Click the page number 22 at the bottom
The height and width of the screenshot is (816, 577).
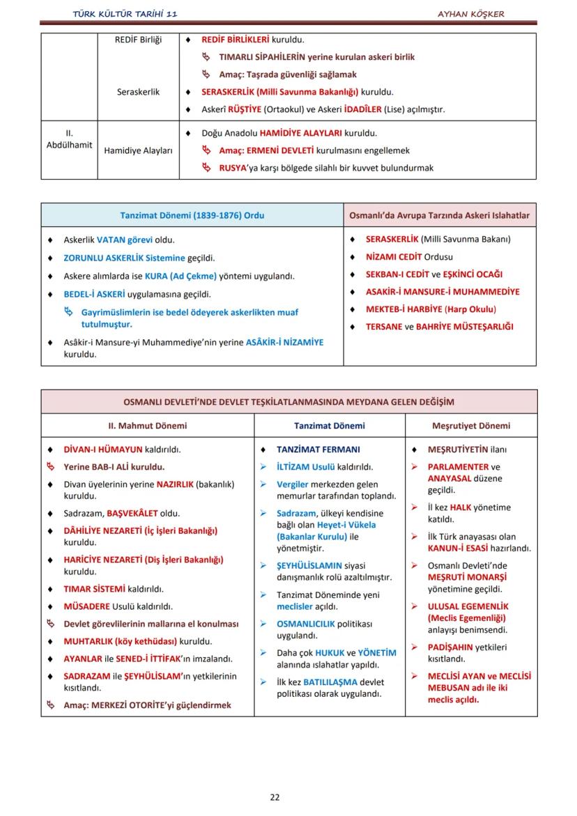[x=275, y=797]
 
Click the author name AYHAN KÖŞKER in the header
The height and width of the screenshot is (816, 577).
[x=470, y=14]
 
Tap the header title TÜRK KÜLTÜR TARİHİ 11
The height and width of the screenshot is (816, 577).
[x=130, y=14]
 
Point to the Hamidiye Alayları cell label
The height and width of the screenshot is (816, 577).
[x=138, y=151]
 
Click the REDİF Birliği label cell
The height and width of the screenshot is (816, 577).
[x=138, y=40]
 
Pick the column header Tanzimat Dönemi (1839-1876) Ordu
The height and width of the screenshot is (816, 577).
[x=192, y=215]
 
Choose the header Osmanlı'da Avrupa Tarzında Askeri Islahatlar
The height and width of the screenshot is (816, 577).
[x=439, y=215]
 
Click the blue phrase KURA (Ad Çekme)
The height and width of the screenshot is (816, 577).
[x=180, y=276]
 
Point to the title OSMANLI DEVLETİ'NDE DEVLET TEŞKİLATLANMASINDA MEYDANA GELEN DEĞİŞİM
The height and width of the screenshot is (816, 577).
[x=288, y=402]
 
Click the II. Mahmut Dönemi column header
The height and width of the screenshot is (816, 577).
[x=147, y=426]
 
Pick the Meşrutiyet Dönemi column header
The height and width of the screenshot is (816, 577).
[x=470, y=426]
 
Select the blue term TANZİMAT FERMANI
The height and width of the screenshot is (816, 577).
[x=318, y=450]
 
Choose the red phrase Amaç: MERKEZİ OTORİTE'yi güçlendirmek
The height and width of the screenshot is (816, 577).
[x=147, y=705]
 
